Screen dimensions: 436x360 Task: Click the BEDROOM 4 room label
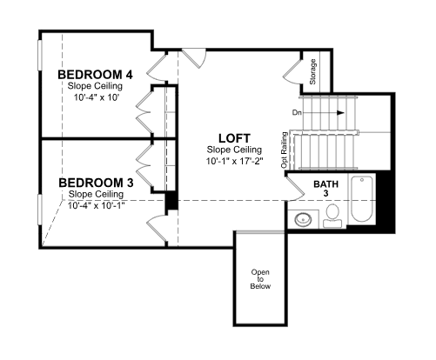click(95, 75)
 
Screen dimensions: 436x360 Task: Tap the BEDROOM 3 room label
click(96, 183)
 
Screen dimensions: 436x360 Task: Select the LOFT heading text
click(234, 138)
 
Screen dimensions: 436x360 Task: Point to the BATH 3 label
click(325, 189)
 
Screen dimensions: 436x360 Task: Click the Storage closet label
click(312, 72)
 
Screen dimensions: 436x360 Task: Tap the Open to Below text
click(260, 279)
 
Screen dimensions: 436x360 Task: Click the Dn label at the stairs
click(297, 113)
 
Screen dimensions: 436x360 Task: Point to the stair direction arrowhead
click(340, 113)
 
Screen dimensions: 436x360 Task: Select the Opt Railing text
click(285, 150)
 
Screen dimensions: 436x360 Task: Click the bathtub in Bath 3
click(361, 199)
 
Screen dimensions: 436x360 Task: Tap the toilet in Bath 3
click(332, 216)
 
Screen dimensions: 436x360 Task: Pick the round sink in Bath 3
click(303, 219)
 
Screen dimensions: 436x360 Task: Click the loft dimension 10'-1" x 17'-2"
click(234, 161)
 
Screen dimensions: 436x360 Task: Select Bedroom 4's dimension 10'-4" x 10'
click(97, 97)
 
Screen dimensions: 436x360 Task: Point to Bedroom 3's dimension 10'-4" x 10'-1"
click(97, 205)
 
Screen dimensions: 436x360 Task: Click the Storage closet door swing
click(292, 71)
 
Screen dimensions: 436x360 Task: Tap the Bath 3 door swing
click(295, 189)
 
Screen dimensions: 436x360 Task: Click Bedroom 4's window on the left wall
click(40, 55)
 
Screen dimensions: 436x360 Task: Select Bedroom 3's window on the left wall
click(40, 210)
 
